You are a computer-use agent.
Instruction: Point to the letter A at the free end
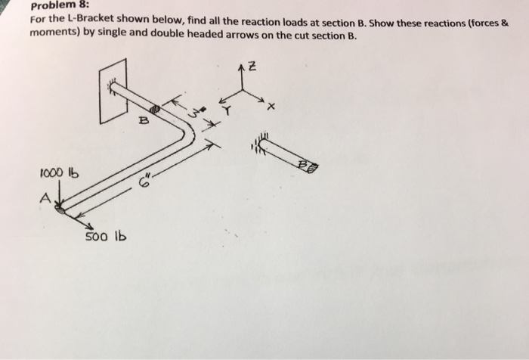pyautogui.click(x=45, y=198)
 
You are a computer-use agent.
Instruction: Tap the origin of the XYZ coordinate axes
pyautogui.click(x=242, y=89)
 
